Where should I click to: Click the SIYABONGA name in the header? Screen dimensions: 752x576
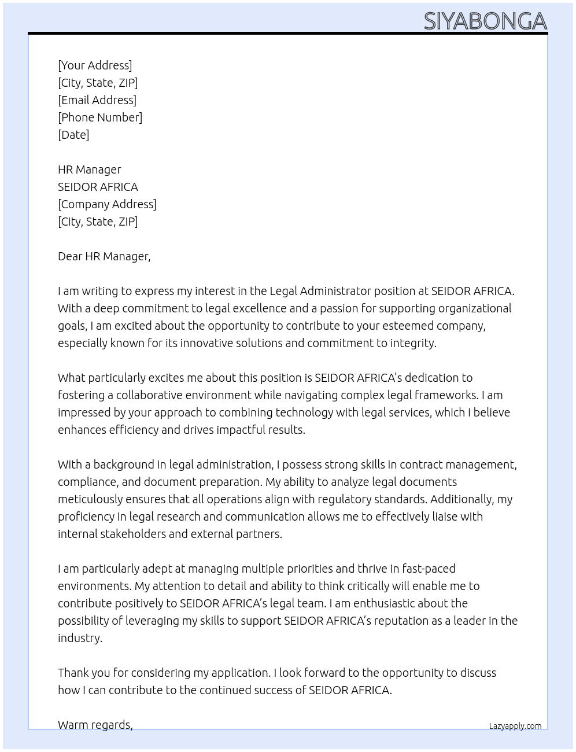(x=485, y=21)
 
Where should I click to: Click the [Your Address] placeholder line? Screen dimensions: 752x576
(x=95, y=65)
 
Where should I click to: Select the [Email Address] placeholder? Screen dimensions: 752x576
(x=97, y=100)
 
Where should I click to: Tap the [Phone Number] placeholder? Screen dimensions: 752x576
(x=100, y=117)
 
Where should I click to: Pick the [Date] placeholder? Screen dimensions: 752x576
(x=73, y=135)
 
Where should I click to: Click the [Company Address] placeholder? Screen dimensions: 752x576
(x=107, y=204)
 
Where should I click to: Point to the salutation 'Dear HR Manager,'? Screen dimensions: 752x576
(x=104, y=256)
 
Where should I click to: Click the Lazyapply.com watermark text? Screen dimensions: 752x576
(x=515, y=726)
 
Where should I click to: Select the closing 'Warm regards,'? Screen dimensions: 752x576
(x=95, y=725)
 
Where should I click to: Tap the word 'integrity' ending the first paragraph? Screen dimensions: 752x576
(x=412, y=343)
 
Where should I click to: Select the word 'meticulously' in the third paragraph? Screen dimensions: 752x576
(x=91, y=499)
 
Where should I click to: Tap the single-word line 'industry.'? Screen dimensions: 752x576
(x=80, y=638)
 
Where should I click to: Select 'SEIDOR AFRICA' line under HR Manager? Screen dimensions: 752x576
(x=98, y=187)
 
